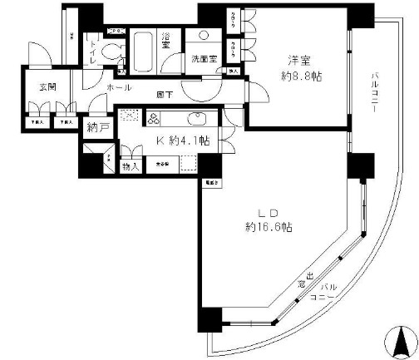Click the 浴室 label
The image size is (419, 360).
click(166, 41)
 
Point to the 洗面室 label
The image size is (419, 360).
click(203, 60)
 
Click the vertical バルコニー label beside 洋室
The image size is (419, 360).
click(375, 93)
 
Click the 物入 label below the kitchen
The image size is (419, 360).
click(131, 166)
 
